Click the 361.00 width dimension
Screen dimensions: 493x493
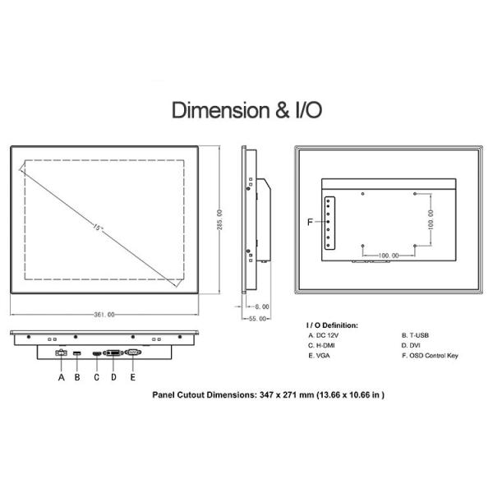click(104, 315)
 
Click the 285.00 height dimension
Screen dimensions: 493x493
click(219, 219)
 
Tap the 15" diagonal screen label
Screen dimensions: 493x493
click(99, 227)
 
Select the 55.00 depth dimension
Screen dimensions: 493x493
click(257, 319)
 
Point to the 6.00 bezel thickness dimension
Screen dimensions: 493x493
click(262, 306)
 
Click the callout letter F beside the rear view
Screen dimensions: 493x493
click(310, 222)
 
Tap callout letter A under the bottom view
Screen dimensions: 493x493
click(62, 377)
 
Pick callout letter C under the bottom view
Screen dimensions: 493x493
click(96, 377)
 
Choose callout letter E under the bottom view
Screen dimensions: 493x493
click(132, 377)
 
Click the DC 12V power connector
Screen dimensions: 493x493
click(61, 352)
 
